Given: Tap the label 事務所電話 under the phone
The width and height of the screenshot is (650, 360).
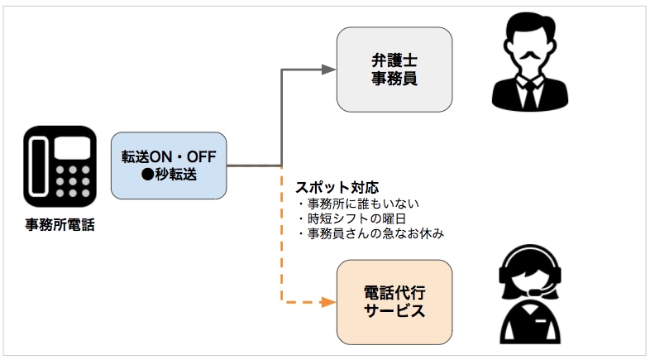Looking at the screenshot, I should pyautogui.click(x=60, y=224).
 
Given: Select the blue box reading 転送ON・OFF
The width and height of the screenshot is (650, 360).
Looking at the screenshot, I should pyautogui.click(x=169, y=165).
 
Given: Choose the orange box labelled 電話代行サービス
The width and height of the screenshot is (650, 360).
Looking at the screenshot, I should pyautogui.click(x=394, y=302).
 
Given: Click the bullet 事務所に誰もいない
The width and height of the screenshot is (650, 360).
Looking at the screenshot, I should pyautogui.click(x=356, y=204).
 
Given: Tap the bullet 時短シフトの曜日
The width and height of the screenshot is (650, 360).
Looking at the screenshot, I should pyautogui.click(x=351, y=218).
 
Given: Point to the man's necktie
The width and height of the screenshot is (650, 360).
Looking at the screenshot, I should pyautogui.click(x=528, y=92).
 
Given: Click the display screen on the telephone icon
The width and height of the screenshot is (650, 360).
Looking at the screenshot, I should pyautogui.click(x=74, y=146).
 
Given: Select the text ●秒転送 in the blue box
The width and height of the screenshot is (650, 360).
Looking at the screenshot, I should pyautogui.click(x=169, y=173).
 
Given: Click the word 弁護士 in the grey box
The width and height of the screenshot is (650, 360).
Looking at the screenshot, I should pyautogui.click(x=394, y=60).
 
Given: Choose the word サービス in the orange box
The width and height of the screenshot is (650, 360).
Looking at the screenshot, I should pyautogui.click(x=394, y=311).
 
